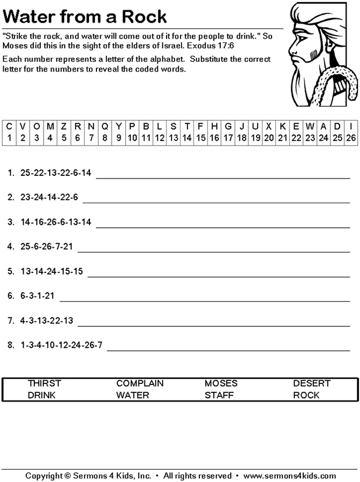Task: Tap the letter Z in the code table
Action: (x=64, y=126)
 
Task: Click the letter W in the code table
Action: (x=310, y=126)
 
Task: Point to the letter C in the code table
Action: (x=9, y=126)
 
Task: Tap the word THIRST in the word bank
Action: (x=44, y=383)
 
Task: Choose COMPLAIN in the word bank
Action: (x=140, y=383)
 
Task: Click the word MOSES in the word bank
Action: (x=221, y=383)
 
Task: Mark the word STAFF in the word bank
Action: (x=219, y=395)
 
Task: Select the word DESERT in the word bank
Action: (x=311, y=383)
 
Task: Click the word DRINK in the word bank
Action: (x=41, y=395)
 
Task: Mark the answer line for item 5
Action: (x=218, y=276)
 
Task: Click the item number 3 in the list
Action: (x=10, y=222)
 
